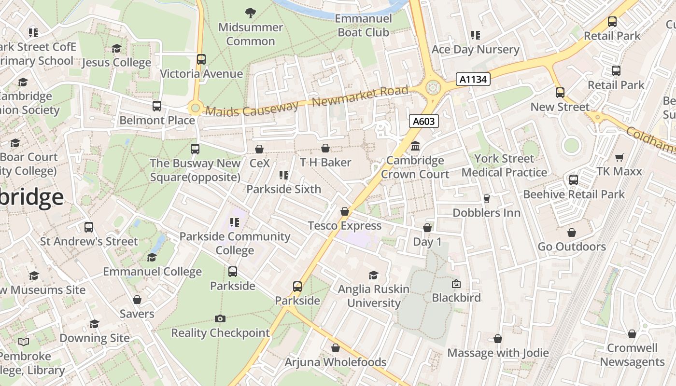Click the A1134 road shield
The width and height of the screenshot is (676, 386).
473,79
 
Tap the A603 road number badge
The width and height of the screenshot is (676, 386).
424,121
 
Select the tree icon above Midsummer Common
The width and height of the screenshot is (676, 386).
250,13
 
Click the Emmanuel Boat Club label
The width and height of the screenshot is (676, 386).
363,26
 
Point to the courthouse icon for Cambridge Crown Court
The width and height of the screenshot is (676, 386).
415,146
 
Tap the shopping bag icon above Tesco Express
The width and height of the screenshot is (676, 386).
345,211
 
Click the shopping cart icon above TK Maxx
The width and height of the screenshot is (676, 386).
619,157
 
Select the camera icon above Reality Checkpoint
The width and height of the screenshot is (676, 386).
220,318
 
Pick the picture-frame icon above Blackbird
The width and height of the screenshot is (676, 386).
456,284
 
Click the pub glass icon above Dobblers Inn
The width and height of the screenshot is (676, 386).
486,199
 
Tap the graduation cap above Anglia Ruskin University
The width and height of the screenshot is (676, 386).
373,275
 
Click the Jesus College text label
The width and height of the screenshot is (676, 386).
116,63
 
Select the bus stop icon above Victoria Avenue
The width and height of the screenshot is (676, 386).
201,59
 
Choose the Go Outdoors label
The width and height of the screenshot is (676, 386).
572,247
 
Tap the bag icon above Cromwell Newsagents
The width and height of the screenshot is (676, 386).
632,334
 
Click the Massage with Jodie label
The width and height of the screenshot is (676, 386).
498,353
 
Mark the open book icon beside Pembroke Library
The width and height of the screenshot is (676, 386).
24,342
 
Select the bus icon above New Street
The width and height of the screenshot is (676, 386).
560,92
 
